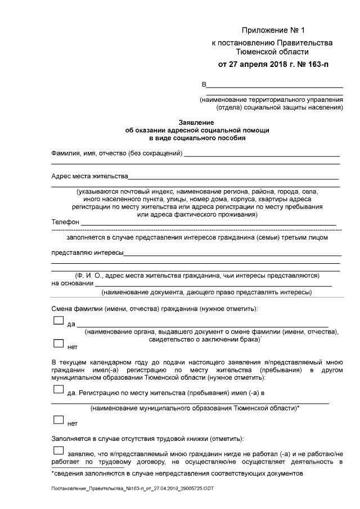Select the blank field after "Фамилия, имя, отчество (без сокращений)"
pyautogui.click(x=262, y=154)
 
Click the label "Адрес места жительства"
pyautogui.click(x=89, y=176)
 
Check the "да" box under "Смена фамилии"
pyautogui.click(x=58, y=321)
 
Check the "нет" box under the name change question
pyautogui.click(x=58, y=343)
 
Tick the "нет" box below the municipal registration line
pyautogui.click(x=58, y=420)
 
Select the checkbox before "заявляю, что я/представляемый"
pyautogui.click(x=58, y=451)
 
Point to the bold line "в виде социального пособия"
pyautogui.click(x=197, y=137)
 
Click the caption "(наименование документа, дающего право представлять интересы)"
pyautogui.click(x=206, y=292)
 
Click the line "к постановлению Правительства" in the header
pyautogui.click(x=272, y=43)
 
